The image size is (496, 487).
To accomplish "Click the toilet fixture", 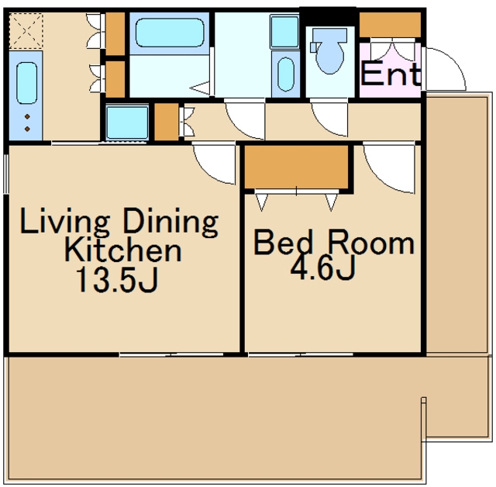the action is click(x=329, y=50).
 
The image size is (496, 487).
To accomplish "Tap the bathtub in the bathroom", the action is click(x=170, y=33).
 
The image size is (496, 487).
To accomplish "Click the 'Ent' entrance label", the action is click(x=391, y=74).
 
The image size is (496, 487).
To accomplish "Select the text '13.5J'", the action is click(x=117, y=279).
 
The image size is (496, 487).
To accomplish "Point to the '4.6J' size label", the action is click(x=323, y=268).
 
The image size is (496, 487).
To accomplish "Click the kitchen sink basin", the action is click(x=26, y=83).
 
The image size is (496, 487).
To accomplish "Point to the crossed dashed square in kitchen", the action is click(x=26, y=31).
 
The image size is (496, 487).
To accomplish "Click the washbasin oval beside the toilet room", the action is click(x=286, y=74).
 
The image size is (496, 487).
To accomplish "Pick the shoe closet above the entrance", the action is click(x=391, y=24).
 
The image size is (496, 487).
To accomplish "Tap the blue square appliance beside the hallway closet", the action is click(x=127, y=123).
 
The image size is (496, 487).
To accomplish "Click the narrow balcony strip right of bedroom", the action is click(x=456, y=224).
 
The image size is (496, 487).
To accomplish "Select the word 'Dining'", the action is click(x=170, y=221).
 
